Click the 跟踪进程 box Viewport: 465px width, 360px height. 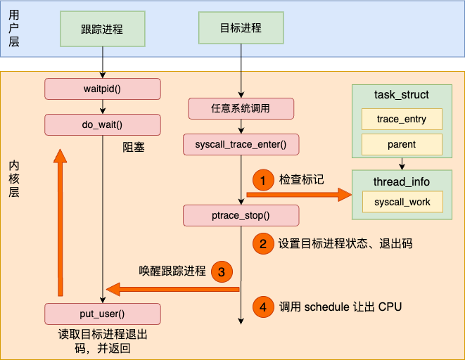[x=103, y=30]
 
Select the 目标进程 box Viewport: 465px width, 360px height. [x=241, y=29]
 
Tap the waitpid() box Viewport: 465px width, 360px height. [x=103, y=89]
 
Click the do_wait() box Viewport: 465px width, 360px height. [x=103, y=125]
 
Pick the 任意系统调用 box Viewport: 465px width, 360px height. [x=241, y=108]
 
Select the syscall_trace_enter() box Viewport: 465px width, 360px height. [x=241, y=145]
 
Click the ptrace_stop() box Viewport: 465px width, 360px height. [x=241, y=215]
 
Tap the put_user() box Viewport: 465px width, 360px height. [x=103, y=314]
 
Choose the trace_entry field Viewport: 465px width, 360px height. [x=401, y=119]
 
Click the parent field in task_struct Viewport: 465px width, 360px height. [x=401, y=144]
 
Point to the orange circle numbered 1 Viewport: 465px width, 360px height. [x=262, y=181]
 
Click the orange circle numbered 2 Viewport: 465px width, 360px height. [x=262, y=244]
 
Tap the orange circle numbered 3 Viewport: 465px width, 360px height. [x=221, y=271]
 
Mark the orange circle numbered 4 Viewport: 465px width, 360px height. [x=262, y=307]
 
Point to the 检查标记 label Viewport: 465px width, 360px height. [x=302, y=181]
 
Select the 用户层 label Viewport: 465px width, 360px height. [x=13, y=28]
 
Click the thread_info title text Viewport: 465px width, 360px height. [x=401, y=182]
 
